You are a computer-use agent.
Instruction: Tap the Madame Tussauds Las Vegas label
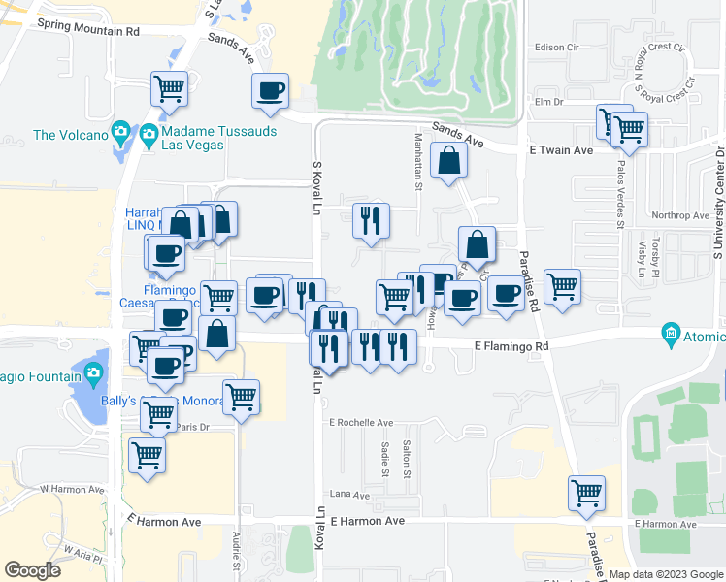(208, 139)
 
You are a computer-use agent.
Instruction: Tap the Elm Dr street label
(548, 101)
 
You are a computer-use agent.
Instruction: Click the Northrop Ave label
(681, 215)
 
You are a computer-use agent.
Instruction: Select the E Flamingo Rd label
(511, 346)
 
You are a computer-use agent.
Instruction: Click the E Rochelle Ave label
(361, 423)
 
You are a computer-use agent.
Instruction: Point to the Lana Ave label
(350, 495)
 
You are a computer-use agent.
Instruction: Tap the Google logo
(32, 570)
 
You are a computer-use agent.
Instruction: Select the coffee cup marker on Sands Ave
(270, 91)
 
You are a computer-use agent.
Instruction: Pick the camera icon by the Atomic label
(671, 335)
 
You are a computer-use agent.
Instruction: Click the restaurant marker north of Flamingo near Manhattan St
(371, 220)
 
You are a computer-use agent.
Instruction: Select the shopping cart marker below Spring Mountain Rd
(169, 88)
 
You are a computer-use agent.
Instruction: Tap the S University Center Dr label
(719, 203)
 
